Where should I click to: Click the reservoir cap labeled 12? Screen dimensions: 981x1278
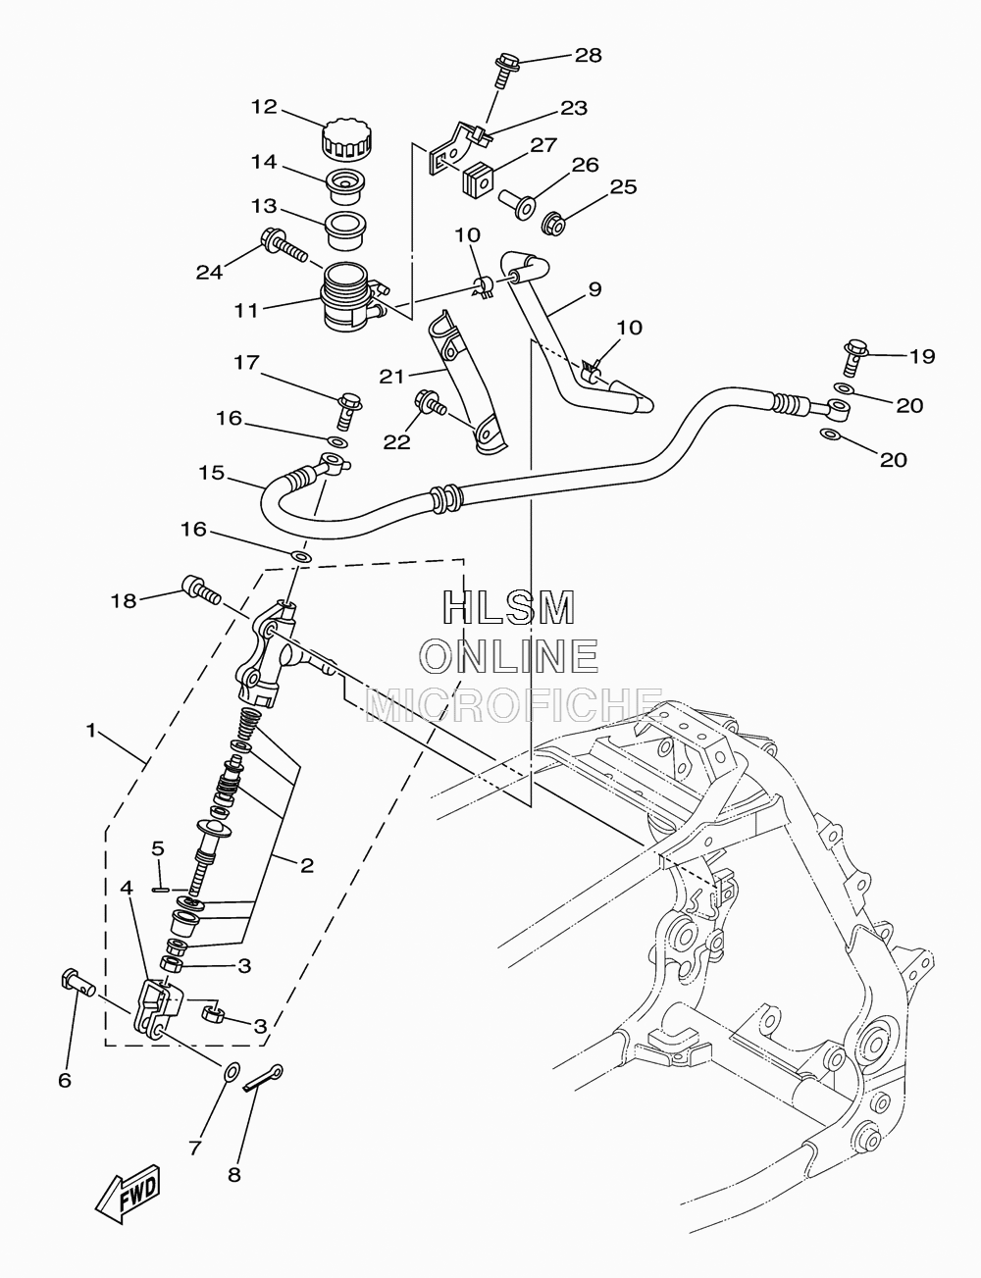pyautogui.click(x=347, y=139)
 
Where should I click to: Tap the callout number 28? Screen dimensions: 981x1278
pyautogui.click(x=589, y=55)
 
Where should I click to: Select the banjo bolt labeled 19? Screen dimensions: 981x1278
pyautogui.click(x=856, y=356)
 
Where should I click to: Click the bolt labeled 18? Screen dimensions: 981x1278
pyautogui.click(x=202, y=589)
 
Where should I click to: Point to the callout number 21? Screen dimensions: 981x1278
pyautogui.click(x=392, y=377)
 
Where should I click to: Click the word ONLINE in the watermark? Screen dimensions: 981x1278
pyautogui.click(x=511, y=656)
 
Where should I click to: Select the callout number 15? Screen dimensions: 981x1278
pyautogui.click(x=212, y=473)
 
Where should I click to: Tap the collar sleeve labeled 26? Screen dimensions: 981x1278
pyautogui.click(x=517, y=204)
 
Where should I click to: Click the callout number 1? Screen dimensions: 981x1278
pyautogui.click(x=90, y=731)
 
